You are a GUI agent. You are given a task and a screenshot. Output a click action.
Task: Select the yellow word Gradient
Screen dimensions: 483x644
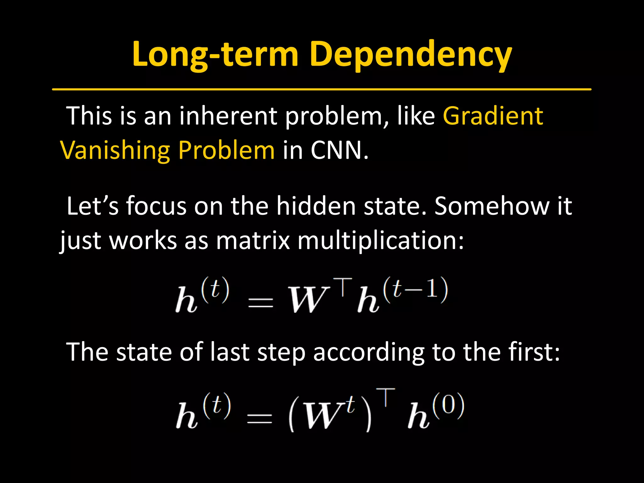(x=493, y=116)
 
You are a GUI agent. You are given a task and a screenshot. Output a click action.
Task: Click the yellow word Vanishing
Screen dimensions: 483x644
(x=115, y=150)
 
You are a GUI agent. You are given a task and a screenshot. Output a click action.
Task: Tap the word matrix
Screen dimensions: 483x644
(x=253, y=241)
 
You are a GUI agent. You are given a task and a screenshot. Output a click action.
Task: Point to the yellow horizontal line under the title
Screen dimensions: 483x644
(x=321, y=89)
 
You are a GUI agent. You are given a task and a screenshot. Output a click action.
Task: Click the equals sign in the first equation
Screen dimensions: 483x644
(x=260, y=303)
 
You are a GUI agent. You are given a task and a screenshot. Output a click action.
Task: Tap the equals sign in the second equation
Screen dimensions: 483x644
(x=259, y=418)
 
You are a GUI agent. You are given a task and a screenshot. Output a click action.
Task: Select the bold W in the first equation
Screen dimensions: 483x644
(x=307, y=300)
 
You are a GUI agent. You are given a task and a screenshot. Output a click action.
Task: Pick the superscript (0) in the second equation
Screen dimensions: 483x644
(x=448, y=406)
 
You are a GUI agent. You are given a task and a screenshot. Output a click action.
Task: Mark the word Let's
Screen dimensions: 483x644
(x=93, y=206)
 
